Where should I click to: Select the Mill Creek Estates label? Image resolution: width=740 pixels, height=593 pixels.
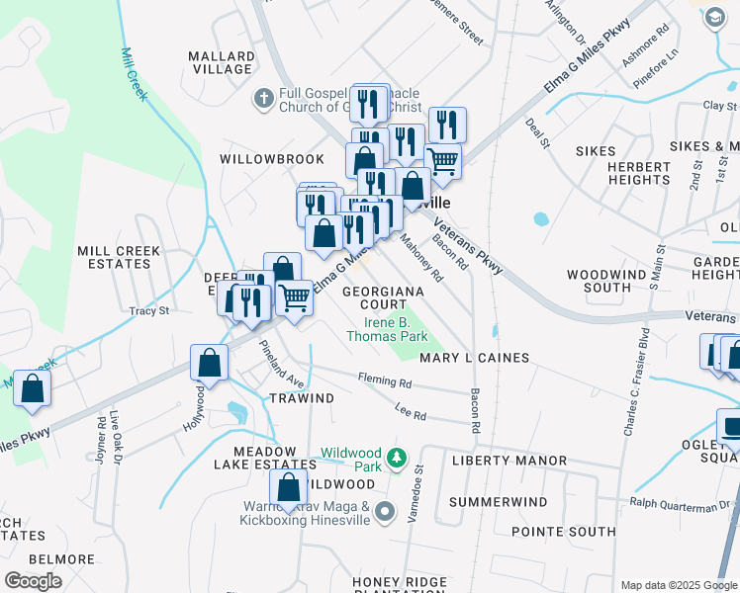[118, 258]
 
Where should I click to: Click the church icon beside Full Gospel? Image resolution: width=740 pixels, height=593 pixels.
[264, 99]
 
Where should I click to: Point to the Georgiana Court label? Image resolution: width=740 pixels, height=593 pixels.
[383, 297]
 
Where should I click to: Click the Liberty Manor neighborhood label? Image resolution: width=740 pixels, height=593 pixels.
[509, 461]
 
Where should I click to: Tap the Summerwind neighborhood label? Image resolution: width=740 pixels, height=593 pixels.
[498, 502]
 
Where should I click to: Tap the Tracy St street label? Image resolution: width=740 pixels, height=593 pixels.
[149, 310]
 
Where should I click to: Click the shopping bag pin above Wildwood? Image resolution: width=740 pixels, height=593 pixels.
[288, 487]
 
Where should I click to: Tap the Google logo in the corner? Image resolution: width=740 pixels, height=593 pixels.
[33, 580]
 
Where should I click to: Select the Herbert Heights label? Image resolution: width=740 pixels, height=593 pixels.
[640, 173]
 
